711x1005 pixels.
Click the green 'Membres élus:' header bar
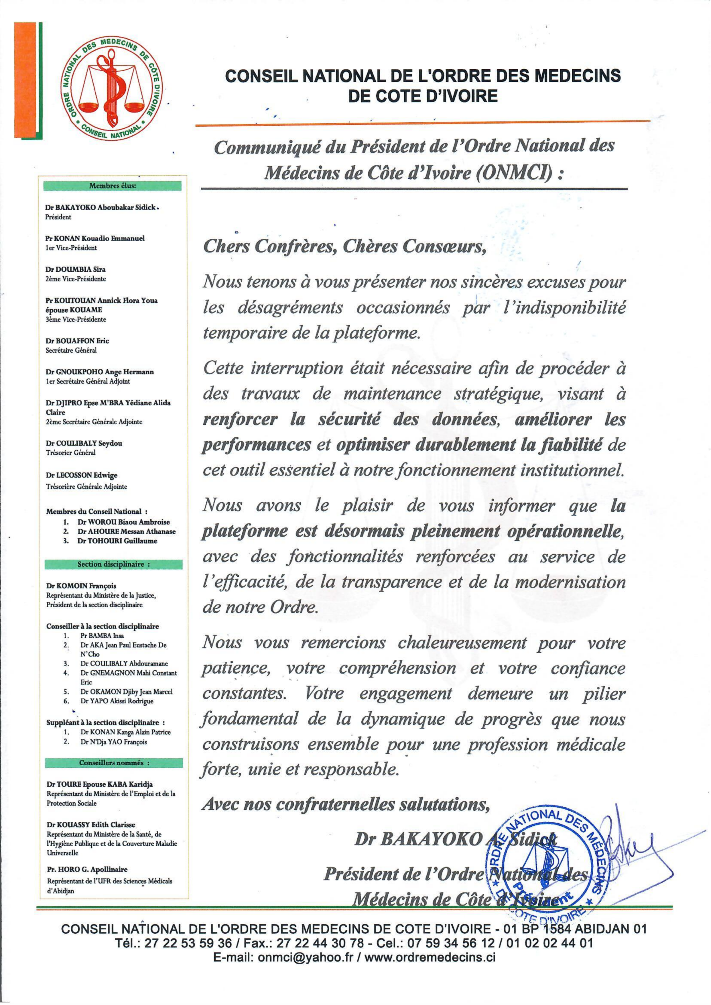pos(113,186)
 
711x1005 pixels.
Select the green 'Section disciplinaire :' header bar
pos(114,564)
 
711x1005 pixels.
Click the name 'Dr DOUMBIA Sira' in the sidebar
pos(75,269)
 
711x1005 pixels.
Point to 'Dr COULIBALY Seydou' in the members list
pos(84,443)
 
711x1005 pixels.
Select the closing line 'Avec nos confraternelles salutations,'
pos(344,804)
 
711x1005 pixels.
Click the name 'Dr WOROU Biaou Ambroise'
pos(123,522)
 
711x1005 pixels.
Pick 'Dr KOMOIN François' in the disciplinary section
pos(81,586)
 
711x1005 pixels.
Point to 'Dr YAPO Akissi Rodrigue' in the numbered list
pos(117,701)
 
